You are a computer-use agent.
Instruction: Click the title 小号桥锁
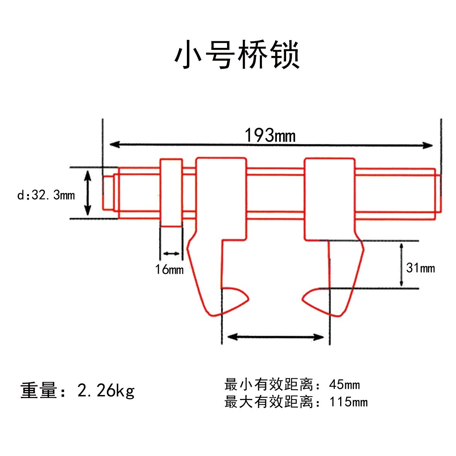pyautogui.click(x=237, y=55)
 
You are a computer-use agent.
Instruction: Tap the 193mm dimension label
pyautogui.click(x=270, y=135)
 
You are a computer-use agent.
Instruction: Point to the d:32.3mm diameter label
pyautogui.click(x=46, y=195)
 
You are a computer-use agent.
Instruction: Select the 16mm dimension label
pyautogui.click(x=169, y=269)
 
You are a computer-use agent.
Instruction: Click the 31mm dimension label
pyautogui.click(x=420, y=268)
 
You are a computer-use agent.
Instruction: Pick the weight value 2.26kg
pyautogui.click(x=106, y=390)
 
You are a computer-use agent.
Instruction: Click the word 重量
pyautogui.click(x=39, y=390)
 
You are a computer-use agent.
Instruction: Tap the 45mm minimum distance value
pyautogui.click(x=344, y=385)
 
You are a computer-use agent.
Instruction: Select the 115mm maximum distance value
pyautogui.click(x=348, y=402)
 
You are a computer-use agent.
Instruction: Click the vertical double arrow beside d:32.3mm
pyautogui.click(x=88, y=193)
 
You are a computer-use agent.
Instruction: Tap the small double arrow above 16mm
pyautogui.click(x=171, y=254)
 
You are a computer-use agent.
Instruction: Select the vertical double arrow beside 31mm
pyautogui.click(x=401, y=265)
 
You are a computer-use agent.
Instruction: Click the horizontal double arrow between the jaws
pyautogui.click(x=275, y=337)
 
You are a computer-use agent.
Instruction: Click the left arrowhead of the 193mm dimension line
pyautogui.click(x=114, y=144)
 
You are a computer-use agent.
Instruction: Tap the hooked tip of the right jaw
pyautogui.click(x=302, y=299)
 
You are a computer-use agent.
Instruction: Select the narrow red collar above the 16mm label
pyautogui.click(x=171, y=193)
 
